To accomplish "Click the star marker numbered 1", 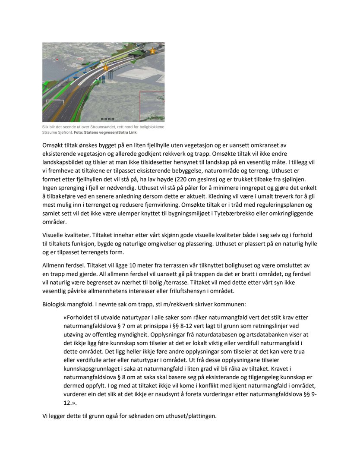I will click(x=105, y=68).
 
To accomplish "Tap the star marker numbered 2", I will click(x=152, y=51).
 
